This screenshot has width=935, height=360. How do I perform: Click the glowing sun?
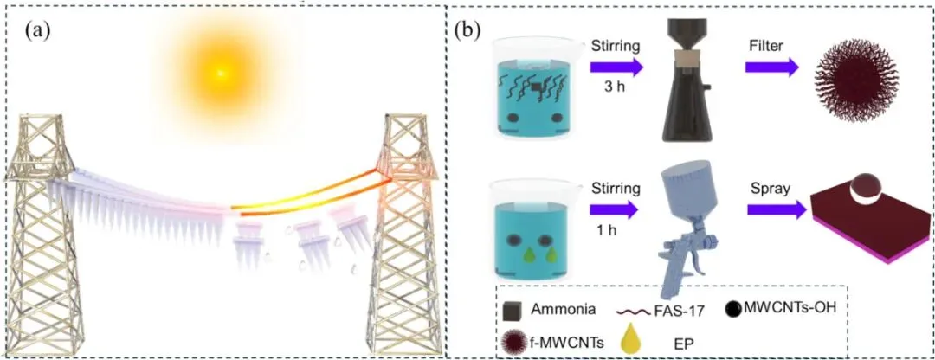pos(221,73)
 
